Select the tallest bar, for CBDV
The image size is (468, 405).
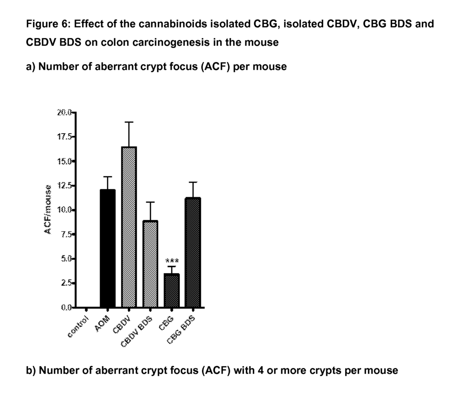pyautogui.click(x=129, y=227)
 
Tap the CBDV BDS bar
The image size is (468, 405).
pyautogui.click(x=151, y=264)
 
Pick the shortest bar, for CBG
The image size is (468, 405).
pyautogui.click(x=172, y=291)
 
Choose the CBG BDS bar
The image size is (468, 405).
pyautogui.click(x=193, y=253)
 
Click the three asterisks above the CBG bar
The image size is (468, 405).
pyautogui.click(x=172, y=261)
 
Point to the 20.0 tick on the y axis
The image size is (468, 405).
pyautogui.click(x=64, y=113)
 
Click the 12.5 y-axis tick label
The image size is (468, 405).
pyautogui.click(x=64, y=186)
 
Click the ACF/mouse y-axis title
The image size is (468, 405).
pyautogui.click(x=47, y=210)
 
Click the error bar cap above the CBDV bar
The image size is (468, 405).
pyautogui.click(x=129, y=122)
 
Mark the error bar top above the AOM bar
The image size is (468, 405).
pyautogui.click(x=108, y=177)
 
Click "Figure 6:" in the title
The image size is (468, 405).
pyautogui.click(x=45, y=24)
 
